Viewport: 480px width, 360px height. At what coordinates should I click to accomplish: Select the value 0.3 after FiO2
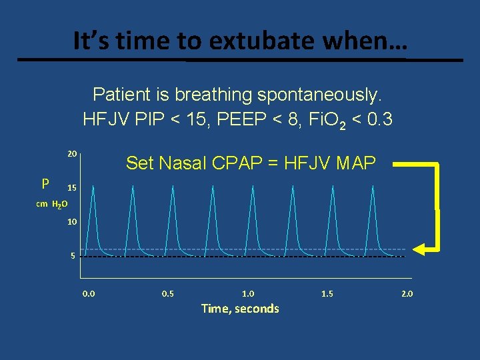(377, 120)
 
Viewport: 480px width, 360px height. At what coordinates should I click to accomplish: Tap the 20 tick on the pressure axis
(72, 154)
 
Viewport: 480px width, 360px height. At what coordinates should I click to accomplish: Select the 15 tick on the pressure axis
(72, 189)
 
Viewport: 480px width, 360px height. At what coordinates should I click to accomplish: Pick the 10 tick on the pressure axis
(72, 221)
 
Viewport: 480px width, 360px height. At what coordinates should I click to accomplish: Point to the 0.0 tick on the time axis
(89, 293)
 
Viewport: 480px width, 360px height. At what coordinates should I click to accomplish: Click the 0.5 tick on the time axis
(168, 293)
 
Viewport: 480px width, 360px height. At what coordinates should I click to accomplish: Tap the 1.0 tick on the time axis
(248, 293)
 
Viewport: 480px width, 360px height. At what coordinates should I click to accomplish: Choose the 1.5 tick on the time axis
(327, 293)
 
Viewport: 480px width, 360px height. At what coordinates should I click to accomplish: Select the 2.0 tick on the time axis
(406, 293)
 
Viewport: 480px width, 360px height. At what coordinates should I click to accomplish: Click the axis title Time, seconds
(240, 308)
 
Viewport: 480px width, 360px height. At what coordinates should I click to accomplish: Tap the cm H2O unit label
(50, 205)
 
